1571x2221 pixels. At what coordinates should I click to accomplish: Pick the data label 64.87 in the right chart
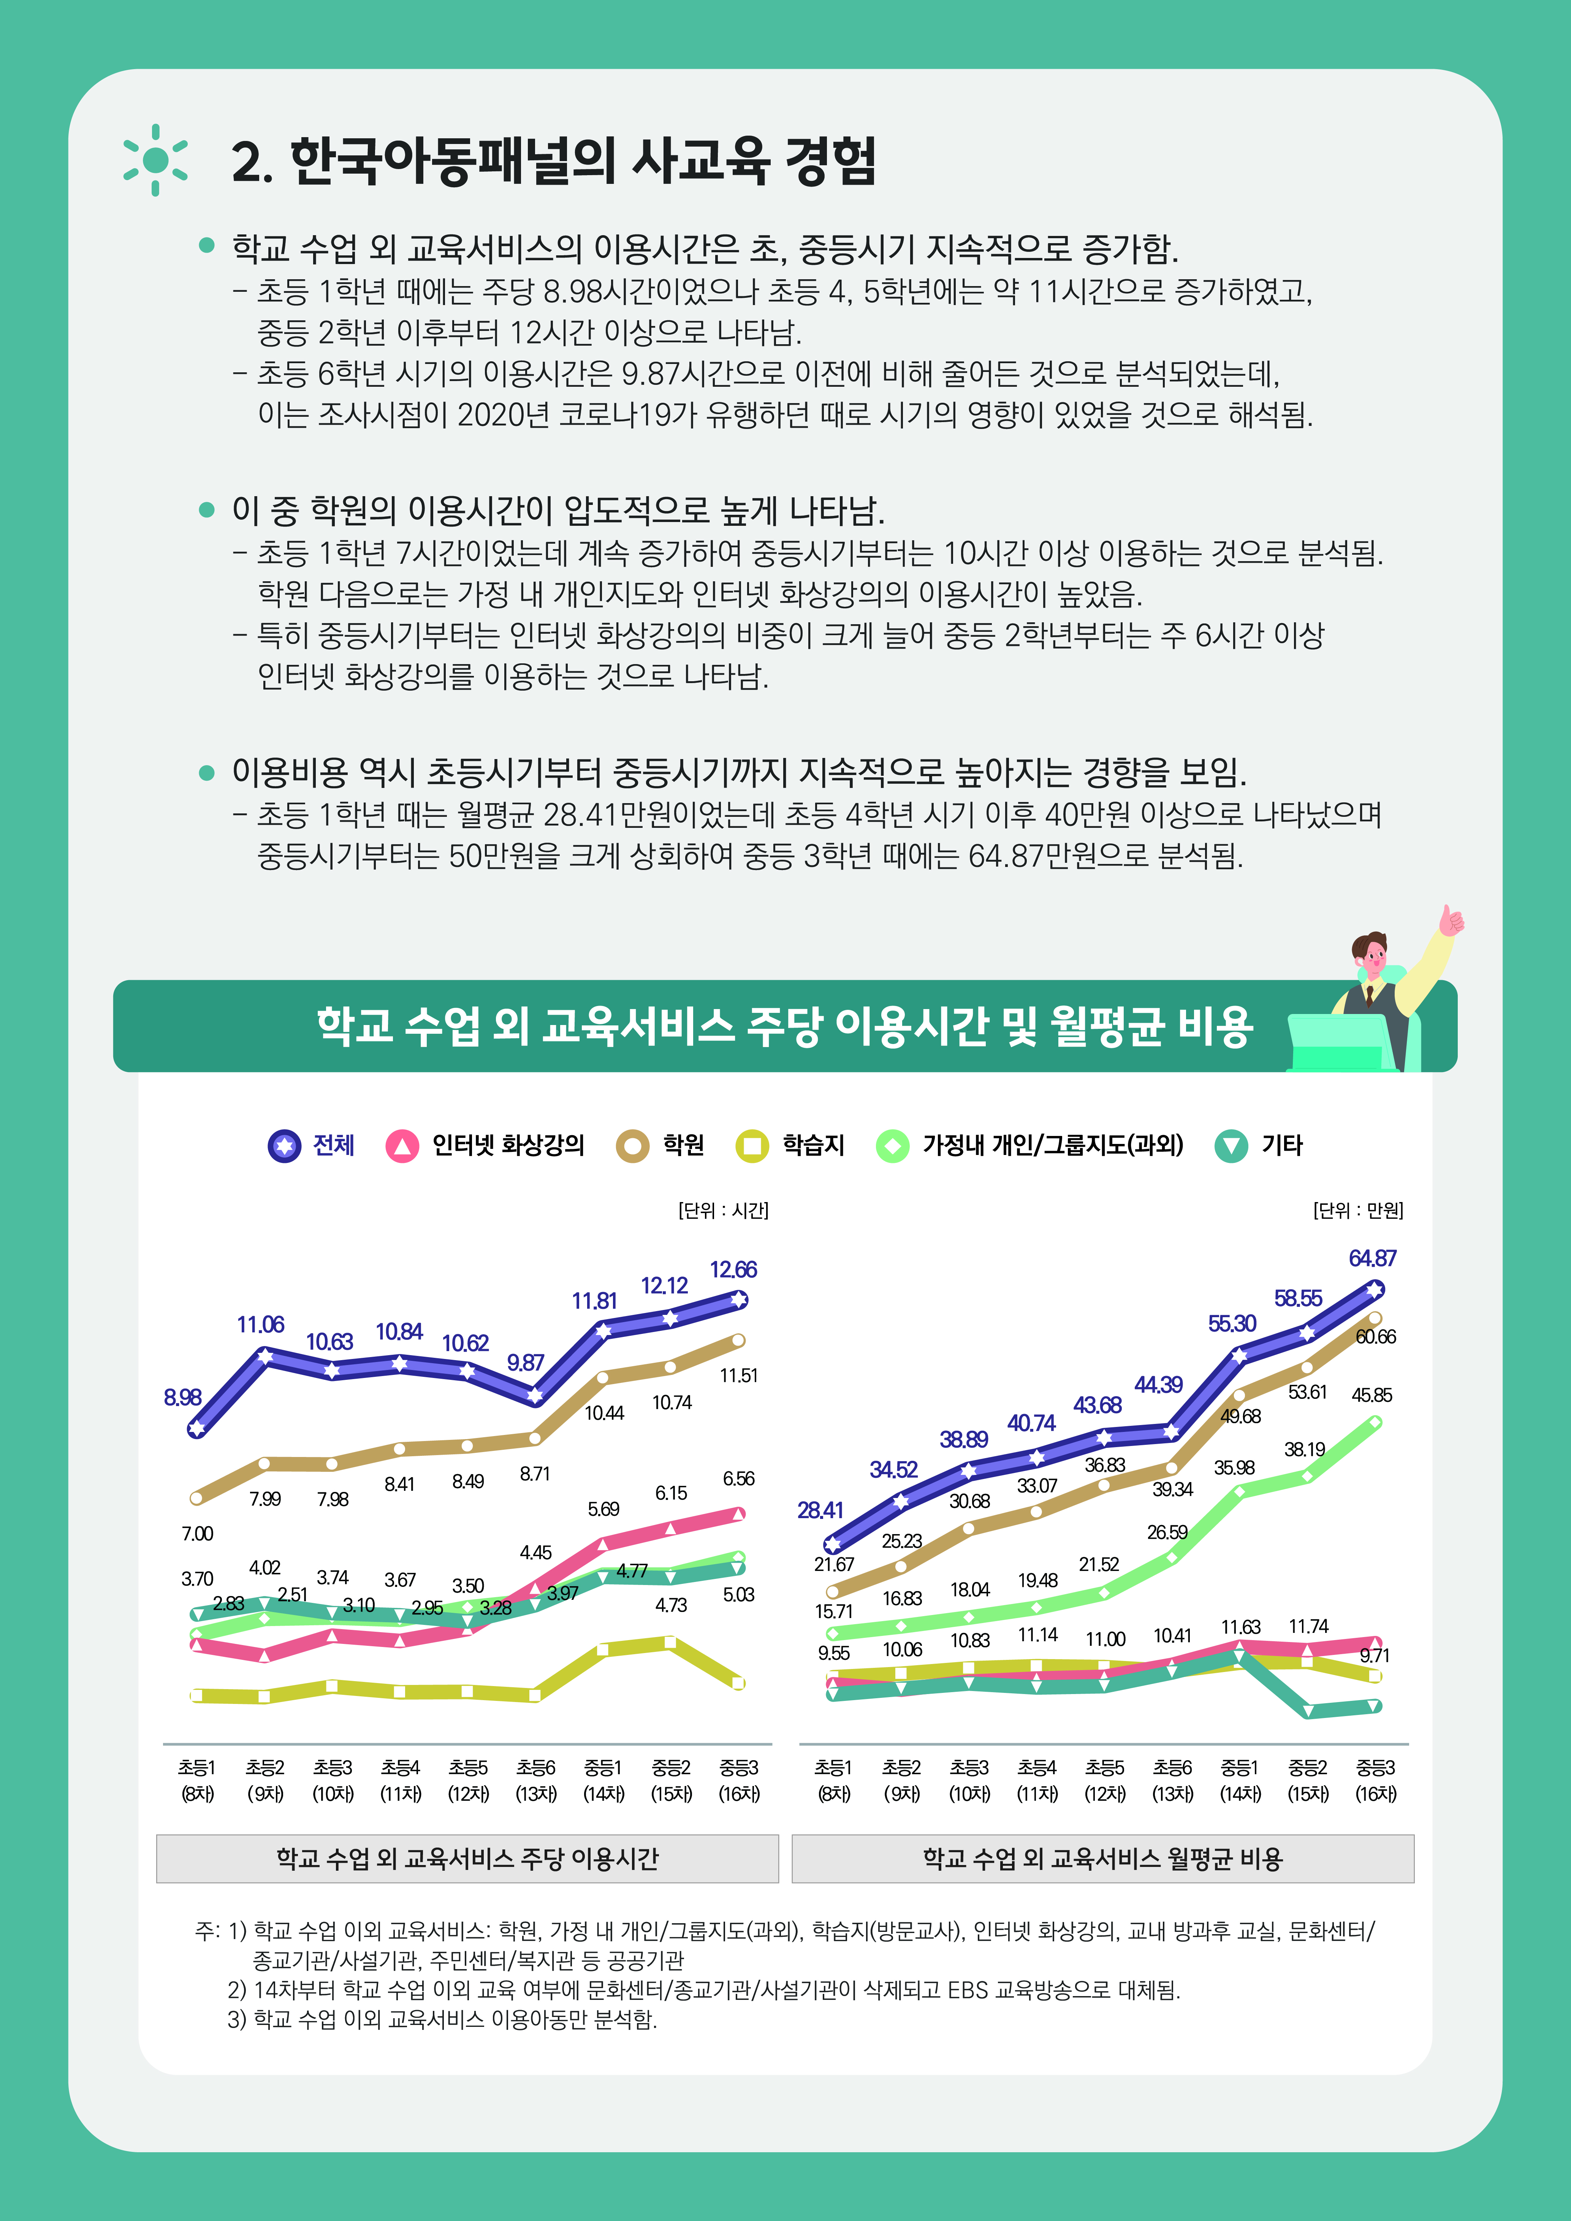[x=1372, y=1258]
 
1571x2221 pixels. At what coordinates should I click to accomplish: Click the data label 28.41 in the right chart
[x=819, y=1510]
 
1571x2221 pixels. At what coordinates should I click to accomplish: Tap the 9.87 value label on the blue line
[x=525, y=1362]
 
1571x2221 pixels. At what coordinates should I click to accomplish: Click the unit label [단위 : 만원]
[x=1357, y=1210]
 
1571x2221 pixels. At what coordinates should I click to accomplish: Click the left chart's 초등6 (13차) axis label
[x=536, y=1780]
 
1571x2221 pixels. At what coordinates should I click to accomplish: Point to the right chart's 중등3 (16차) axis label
[x=1375, y=1780]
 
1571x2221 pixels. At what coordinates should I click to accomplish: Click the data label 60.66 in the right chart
[x=1375, y=1336]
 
